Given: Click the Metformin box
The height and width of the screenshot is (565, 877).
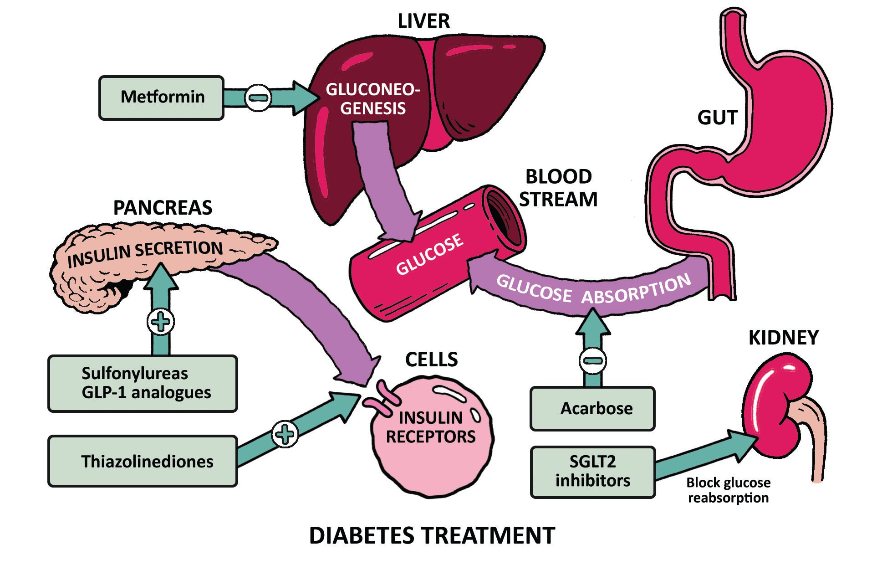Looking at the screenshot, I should [162, 98].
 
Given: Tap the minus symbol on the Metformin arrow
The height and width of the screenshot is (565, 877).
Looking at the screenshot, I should [258, 98].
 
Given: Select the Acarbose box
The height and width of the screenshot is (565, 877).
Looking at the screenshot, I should [592, 408].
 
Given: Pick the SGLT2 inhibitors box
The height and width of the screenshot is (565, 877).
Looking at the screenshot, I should [592, 472].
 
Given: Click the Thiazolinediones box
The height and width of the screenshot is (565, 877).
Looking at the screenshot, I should [143, 461].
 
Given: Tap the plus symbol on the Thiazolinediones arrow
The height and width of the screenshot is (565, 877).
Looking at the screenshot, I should [285, 434].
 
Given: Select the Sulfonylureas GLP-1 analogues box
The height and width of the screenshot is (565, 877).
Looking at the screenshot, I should [143, 383].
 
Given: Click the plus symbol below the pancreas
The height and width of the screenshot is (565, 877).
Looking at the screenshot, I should [161, 322].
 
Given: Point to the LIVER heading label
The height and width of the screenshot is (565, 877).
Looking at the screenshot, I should [423, 21].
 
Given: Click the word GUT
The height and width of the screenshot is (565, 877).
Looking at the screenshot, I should [717, 118].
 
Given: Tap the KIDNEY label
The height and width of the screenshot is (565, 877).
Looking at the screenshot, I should [783, 338].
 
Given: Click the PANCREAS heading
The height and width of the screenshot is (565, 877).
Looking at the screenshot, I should [163, 208].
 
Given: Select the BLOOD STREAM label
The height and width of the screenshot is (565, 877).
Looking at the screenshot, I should [558, 188].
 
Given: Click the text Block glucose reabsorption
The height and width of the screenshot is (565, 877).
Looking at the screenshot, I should [728, 490].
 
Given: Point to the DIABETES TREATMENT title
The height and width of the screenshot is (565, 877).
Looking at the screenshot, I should [432, 535].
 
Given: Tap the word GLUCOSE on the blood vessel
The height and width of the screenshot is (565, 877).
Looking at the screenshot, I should [429, 255].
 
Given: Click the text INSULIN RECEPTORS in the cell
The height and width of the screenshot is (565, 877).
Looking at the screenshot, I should [430, 427].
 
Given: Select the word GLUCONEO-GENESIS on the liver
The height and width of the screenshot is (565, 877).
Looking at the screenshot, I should [372, 99].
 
